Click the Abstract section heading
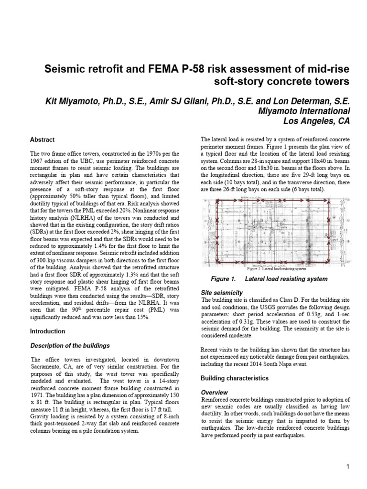tap(42, 140)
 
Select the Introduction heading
tap(48, 331)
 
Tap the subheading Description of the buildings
tap(70, 345)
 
